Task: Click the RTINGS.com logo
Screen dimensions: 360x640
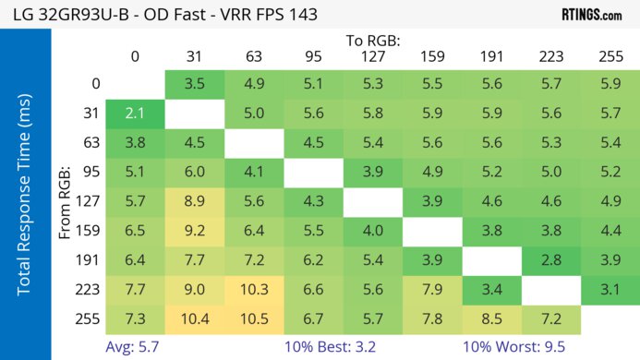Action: coord(592,14)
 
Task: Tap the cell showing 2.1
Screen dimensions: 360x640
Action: coord(136,114)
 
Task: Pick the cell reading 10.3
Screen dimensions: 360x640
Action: coord(254,289)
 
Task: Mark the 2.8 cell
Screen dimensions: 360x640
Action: coord(551,259)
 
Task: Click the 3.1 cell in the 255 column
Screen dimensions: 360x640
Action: coord(610,289)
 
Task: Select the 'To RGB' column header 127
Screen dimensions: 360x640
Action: coord(372,56)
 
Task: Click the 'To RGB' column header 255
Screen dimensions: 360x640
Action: coord(610,56)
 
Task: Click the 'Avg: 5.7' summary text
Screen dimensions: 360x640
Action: coord(138,347)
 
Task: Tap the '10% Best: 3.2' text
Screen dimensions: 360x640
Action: coord(329,347)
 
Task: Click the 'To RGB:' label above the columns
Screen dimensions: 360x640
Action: coord(373,41)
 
